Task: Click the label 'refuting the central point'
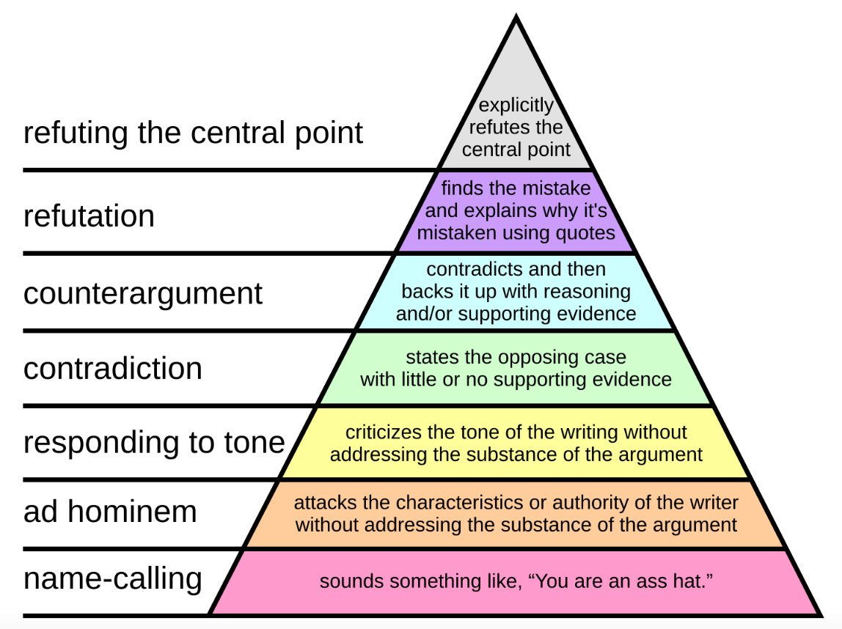point(193,133)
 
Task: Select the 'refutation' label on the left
point(89,216)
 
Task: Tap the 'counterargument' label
point(143,293)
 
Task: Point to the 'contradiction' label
point(113,368)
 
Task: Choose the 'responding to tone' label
point(154,443)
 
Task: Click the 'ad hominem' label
point(110,511)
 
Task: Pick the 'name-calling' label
point(113,578)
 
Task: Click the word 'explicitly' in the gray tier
point(516,106)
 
